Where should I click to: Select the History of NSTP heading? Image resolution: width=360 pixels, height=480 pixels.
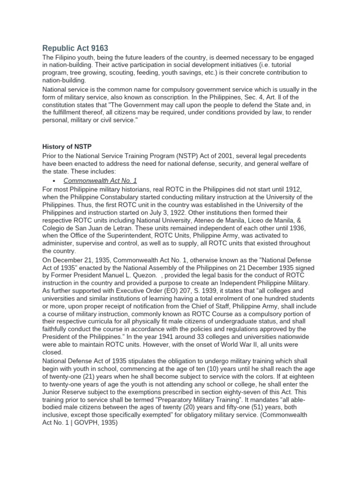coord(67,147)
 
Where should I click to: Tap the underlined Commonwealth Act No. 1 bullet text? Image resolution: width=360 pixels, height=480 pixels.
coord(96,180)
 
